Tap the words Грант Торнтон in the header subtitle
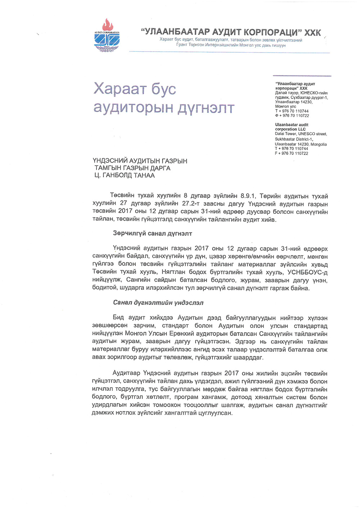coord(190,45)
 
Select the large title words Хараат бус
coord(135,89)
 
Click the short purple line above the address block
coord(302,76)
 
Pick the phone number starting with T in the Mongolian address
coord(292,111)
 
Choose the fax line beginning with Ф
coord(292,116)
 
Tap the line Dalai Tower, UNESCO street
coord(301,134)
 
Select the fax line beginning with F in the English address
coord(291,153)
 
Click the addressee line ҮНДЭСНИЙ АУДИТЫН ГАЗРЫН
coord(140,161)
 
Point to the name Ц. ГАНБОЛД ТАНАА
coord(124,176)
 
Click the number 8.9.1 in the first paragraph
coord(248,196)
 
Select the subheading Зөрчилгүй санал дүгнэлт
coord(152,234)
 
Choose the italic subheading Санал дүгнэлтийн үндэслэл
coord(158,303)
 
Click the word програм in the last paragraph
coord(186,397)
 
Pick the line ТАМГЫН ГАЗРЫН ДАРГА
coord(132,168)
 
